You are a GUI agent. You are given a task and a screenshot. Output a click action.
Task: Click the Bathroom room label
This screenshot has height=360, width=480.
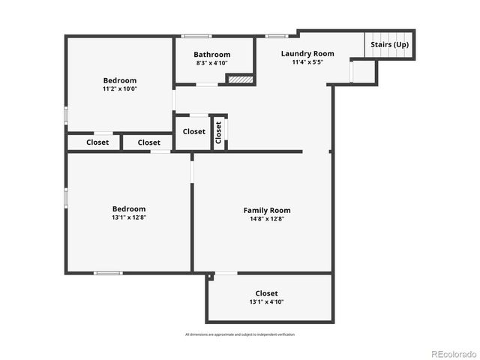click(211, 55)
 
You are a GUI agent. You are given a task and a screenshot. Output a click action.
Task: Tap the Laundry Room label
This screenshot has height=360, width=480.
click(307, 53)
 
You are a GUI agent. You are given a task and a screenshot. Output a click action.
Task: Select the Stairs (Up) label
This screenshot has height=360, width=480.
click(390, 45)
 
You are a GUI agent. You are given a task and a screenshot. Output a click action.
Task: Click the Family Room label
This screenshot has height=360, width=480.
click(266, 210)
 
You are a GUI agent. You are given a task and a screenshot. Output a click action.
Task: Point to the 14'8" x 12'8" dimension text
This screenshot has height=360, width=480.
click(266, 219)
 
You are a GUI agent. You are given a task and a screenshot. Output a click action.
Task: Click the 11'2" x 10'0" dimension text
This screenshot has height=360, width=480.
click(120, 88)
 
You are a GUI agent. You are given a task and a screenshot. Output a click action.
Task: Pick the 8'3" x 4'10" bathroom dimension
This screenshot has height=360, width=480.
click(211, 64)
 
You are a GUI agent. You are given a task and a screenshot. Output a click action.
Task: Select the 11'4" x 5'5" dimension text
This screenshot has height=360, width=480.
click(307, 62)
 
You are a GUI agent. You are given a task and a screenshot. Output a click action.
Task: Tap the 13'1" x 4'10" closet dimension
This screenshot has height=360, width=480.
click(266, 302)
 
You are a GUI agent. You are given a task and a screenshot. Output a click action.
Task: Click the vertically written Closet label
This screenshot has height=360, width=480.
click(219, 132)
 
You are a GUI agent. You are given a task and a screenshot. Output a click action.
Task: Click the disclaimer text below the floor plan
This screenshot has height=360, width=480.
click(240, 334)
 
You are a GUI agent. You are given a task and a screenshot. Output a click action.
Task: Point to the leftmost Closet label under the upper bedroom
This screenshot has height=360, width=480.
click(97, 142)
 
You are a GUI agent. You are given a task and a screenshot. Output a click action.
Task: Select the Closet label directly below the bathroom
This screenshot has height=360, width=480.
click(193, 131)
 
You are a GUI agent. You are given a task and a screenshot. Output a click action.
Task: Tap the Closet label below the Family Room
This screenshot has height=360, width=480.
click(266, 293)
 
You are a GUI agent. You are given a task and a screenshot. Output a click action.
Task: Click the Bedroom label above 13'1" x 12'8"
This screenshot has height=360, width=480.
click(129, 208)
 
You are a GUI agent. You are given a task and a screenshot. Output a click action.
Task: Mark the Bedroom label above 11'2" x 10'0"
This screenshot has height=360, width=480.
click(120, 80)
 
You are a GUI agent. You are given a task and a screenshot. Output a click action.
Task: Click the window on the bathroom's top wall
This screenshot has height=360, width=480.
click(196, 35)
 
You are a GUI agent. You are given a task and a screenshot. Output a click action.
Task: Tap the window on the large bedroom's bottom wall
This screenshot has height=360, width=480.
click(108, 273)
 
